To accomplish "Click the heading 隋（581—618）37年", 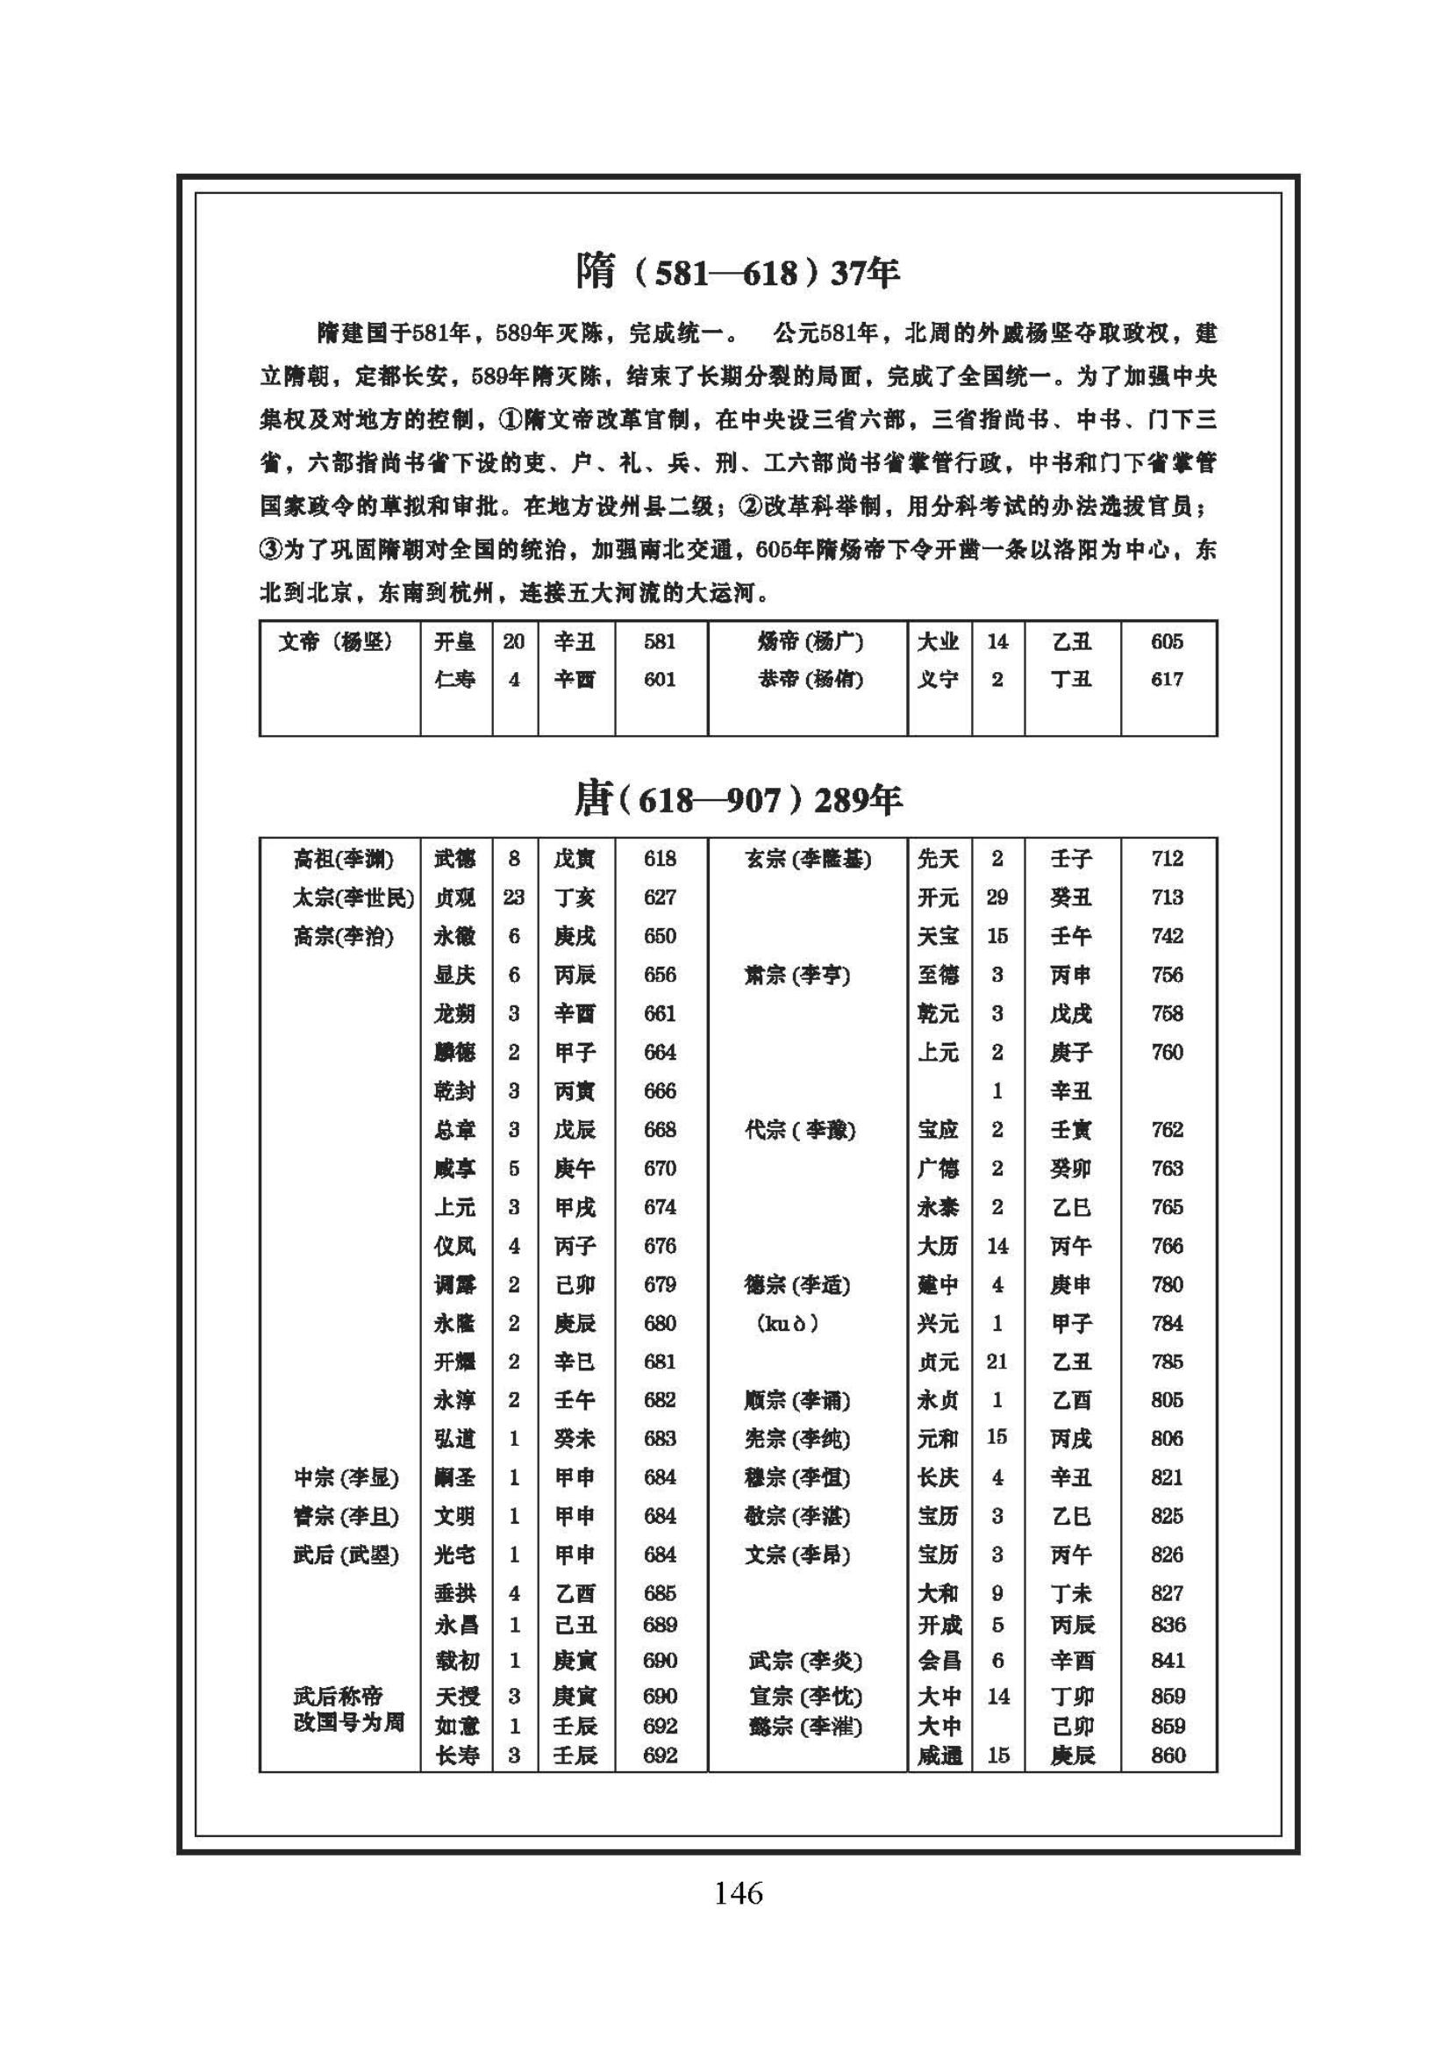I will coord(738,272).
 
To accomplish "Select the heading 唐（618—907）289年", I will coord(738,799).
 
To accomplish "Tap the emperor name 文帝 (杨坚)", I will coord(335,641).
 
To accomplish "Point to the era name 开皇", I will coord(454,641).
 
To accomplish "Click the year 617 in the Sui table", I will coord(1167,679).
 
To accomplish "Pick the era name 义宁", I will coord(938,679).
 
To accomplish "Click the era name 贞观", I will coord(454,897).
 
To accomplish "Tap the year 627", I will coord(660,897).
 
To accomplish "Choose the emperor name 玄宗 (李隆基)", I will coord(808,859).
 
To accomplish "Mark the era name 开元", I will coord(938,897).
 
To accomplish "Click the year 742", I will coord(1167,936).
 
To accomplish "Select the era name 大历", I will coord(938,1246).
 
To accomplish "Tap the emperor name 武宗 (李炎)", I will coord(806,1661).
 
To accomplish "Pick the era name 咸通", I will coord(939,1756).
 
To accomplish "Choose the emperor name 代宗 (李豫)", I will coord(801,1130).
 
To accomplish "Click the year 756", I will coord(1167,975).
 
